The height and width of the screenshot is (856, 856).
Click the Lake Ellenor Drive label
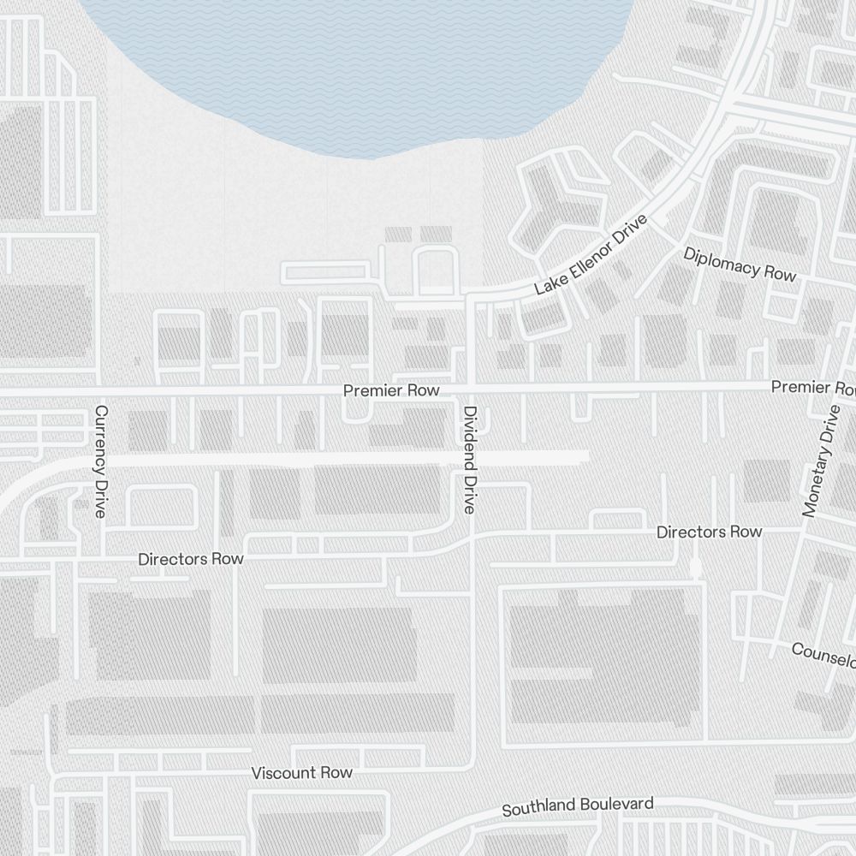point(591,255)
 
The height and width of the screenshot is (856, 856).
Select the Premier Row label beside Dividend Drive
point(391,390)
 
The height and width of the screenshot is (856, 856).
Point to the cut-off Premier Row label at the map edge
point(812,388)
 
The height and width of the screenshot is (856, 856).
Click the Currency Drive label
point(101,462)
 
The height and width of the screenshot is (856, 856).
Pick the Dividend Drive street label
point(469,459)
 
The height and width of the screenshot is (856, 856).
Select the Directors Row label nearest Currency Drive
point(191,559)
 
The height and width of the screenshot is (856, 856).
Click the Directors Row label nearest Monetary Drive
point(709,532)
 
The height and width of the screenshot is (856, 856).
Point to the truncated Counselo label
point(823,655)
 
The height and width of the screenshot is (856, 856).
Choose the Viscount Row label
point(301,773)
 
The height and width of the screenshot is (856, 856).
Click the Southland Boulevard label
point(578,806)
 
